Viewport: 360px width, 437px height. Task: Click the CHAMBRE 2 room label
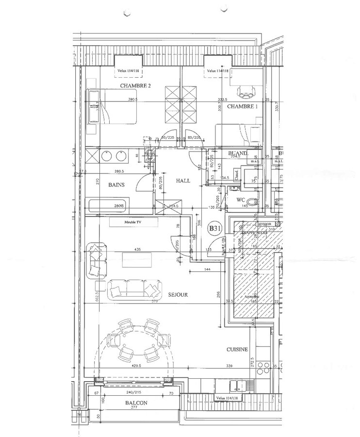(135, 85)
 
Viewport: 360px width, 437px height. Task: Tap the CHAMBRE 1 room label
(242, 106)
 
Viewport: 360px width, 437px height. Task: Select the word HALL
(183, 180)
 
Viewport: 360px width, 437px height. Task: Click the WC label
(241, 200)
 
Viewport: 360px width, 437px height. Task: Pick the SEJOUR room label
(179, 294)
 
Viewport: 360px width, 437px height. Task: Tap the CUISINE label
(237, 349)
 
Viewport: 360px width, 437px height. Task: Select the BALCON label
(135, 403)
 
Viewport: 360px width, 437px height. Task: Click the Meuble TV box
(134, 222)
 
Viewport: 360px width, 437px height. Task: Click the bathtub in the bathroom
(108, 205)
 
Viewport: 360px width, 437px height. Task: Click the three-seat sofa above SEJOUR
(134, 289)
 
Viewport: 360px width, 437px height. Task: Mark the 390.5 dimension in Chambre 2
(133, 100)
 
